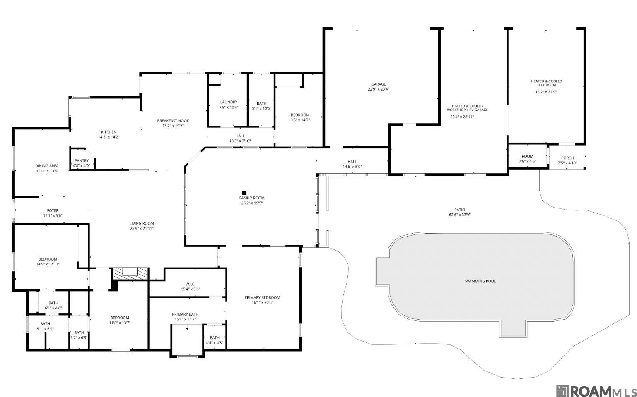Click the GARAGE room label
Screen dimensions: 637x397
378,84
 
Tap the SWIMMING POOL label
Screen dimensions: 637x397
480,281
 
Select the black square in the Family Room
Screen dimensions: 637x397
244,193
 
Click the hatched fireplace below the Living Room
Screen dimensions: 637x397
130,274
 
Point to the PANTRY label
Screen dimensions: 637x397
82,161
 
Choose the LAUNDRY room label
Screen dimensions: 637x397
229,102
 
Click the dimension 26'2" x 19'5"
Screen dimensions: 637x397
252,203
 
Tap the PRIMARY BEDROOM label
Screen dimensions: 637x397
262,297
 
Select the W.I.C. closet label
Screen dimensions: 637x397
190,284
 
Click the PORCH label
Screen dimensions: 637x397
567,158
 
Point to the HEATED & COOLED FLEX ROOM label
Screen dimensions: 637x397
546,83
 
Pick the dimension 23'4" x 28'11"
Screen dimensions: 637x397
462,117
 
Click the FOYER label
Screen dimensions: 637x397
53,210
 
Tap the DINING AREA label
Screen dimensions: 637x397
47,165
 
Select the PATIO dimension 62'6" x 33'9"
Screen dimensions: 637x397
460,215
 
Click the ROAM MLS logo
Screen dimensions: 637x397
596,391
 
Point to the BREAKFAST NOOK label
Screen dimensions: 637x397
173,121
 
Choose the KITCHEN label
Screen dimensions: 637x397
109,132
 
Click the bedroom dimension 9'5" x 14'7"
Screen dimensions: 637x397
300,120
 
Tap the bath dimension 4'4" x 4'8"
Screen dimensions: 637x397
215,342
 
